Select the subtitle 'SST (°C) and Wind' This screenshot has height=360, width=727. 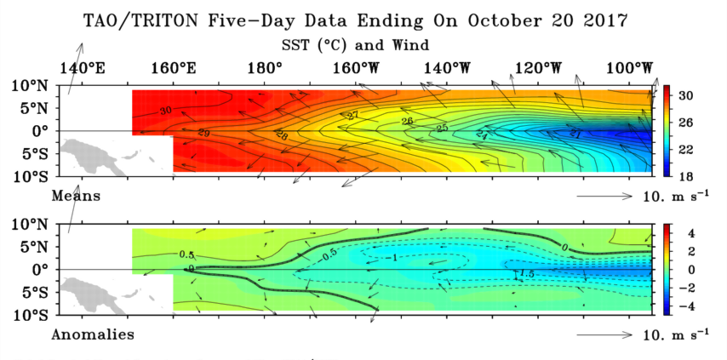click(x=354, y=43)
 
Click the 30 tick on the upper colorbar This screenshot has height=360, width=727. click(x=685, y=96)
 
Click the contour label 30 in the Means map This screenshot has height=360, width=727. click(x=164, y=111)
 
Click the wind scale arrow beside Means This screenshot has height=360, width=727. click(x=604, y=197)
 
